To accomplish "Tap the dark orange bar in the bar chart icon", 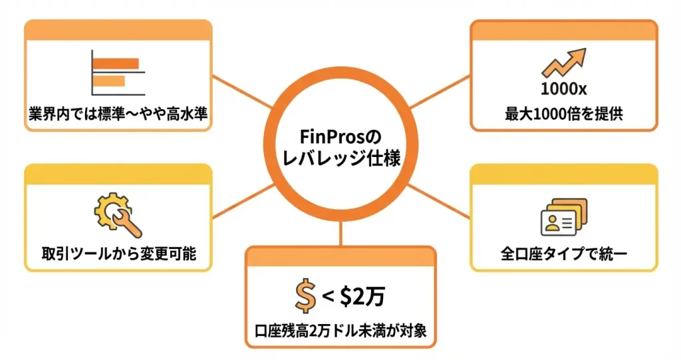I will (116, 64).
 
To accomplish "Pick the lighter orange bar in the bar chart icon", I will (109, 81).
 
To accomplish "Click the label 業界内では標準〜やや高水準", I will (118, 114).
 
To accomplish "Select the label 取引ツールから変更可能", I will (118, 254).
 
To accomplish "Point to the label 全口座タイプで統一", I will (563, 254).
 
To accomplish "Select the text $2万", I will (362, 297).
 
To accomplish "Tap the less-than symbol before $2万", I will (328, 297).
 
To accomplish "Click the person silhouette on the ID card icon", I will (551, 223).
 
